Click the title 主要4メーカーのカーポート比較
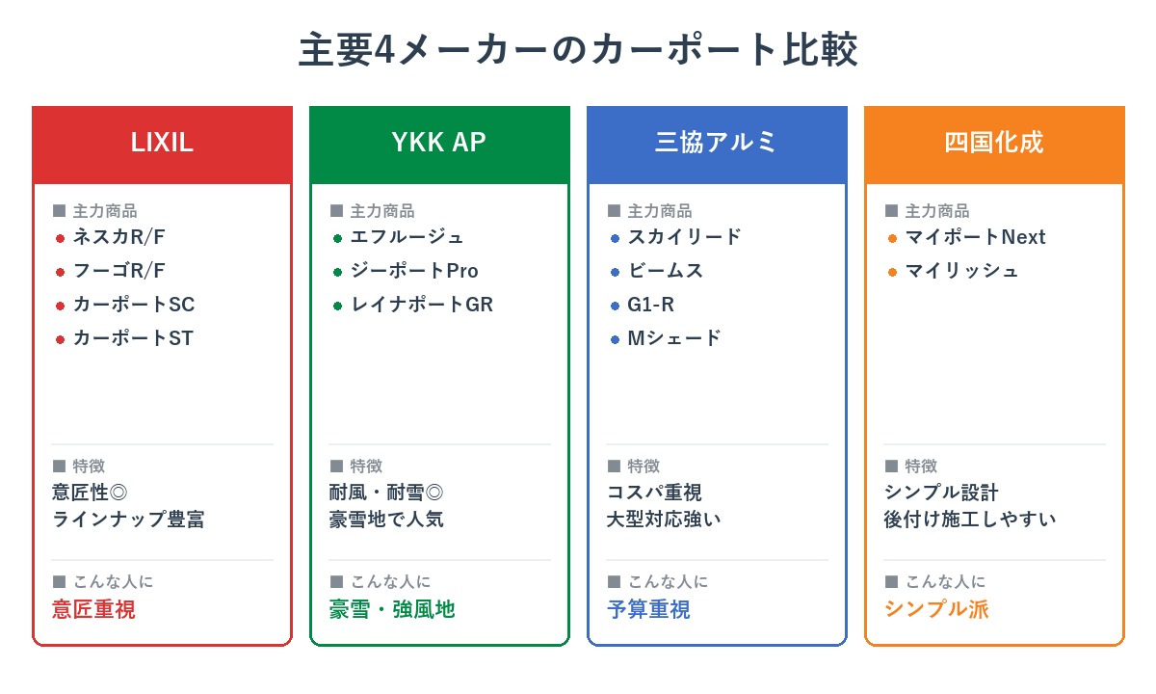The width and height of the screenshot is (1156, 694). click(578, 50)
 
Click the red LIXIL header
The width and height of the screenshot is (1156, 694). click(162, 143)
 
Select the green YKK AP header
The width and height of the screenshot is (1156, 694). click(439, 143)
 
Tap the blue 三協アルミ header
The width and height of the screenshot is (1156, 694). click(717, 143)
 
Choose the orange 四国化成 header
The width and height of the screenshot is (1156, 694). click(994, 143)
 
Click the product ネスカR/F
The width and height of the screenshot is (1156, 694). click(119, 237)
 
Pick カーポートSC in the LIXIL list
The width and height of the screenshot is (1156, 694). click(134, 305)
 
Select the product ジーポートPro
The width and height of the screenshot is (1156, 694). click(414, 271)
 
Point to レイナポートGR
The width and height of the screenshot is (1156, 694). click(422, 305)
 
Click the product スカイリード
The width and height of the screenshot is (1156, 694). click(685, 237)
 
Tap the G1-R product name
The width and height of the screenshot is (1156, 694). click(651, 305)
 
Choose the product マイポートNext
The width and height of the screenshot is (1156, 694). click(975, 237)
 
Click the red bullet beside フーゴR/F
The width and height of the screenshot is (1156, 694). click(60, 272)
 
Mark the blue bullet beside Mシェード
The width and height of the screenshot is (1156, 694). click(615, 339)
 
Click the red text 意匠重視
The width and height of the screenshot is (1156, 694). click(93, 609)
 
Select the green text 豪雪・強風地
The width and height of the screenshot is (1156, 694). click(392, 609)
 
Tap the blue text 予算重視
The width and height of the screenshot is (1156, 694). click(648, 609)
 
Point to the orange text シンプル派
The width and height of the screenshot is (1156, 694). click(936, 609)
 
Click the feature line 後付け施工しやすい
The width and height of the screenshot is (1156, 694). click(970, 520)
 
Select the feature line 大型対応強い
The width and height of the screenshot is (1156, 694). click(664, 520)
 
